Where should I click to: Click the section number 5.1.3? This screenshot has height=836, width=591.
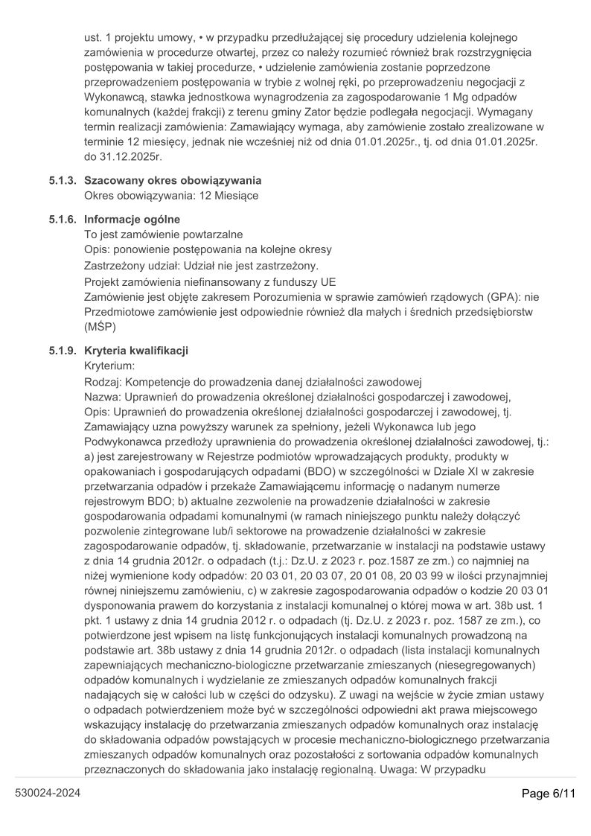[63, 180]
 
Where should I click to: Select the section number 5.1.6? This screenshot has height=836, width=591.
[63, 220]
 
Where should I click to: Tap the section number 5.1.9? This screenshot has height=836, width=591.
[63, 350]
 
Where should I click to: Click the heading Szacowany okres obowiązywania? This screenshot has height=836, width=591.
[173, 180]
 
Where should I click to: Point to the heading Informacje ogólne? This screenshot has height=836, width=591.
[132, 220]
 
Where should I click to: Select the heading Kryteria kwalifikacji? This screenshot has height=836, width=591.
[136, 350]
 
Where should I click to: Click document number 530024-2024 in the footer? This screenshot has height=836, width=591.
[48, 794]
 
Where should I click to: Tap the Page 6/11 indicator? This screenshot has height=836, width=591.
[549, 794]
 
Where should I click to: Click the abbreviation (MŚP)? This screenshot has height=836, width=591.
[103, 327]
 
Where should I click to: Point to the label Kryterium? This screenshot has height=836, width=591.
[109, 366]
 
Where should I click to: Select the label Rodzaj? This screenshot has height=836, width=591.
[103, 381]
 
